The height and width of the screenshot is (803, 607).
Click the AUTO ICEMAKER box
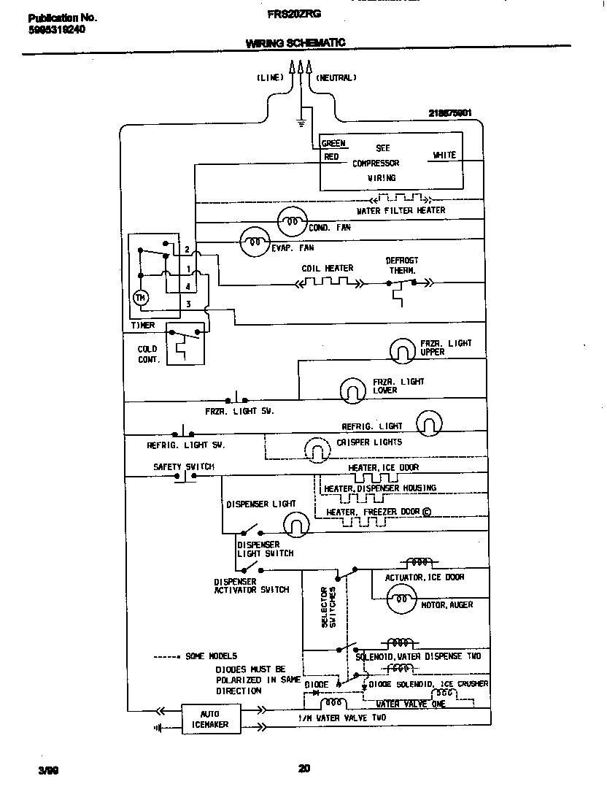coord(210,719)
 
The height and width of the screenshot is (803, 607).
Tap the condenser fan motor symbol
coord(292,220)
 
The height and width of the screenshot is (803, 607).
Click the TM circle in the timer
coord(142,297)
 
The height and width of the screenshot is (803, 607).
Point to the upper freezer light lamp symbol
coord(401,351)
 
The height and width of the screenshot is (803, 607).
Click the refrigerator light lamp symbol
coord(430,423)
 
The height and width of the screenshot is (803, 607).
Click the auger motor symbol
coord(400,602)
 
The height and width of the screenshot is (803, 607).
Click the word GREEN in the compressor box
coord(333,144)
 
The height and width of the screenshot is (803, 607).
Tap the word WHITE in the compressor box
coord(444,155)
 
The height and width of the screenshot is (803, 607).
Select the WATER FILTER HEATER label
coord(401,210)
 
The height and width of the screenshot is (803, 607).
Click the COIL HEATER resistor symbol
coord(326,281)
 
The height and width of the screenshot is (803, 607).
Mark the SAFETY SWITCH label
coord(183,466)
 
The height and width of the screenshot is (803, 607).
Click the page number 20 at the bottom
coord(305,768)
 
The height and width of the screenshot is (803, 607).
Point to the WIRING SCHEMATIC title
coord(295,44)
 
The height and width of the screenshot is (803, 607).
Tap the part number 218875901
coord(450,113)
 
